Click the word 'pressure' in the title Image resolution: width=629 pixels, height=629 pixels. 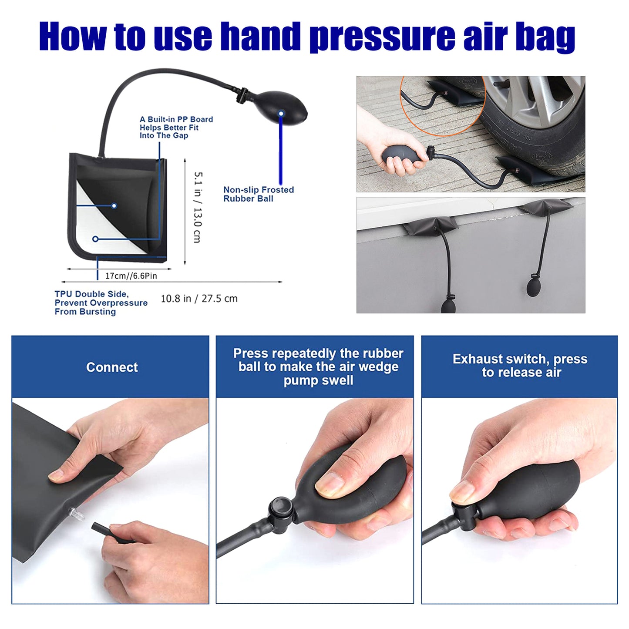(382, 37)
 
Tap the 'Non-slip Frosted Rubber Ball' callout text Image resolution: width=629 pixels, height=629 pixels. (258, 194)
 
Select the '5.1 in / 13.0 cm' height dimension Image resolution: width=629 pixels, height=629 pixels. (197, 207)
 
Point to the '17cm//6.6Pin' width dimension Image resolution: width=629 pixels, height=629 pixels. (131, 276)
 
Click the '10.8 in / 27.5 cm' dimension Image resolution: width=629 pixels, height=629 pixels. (199, 299)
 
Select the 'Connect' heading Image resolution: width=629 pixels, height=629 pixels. (112, 367)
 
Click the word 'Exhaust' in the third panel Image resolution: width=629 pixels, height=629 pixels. (477, 359)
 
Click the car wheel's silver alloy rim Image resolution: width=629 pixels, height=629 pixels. (540, 96)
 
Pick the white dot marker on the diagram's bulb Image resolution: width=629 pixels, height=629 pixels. (281, 114)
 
